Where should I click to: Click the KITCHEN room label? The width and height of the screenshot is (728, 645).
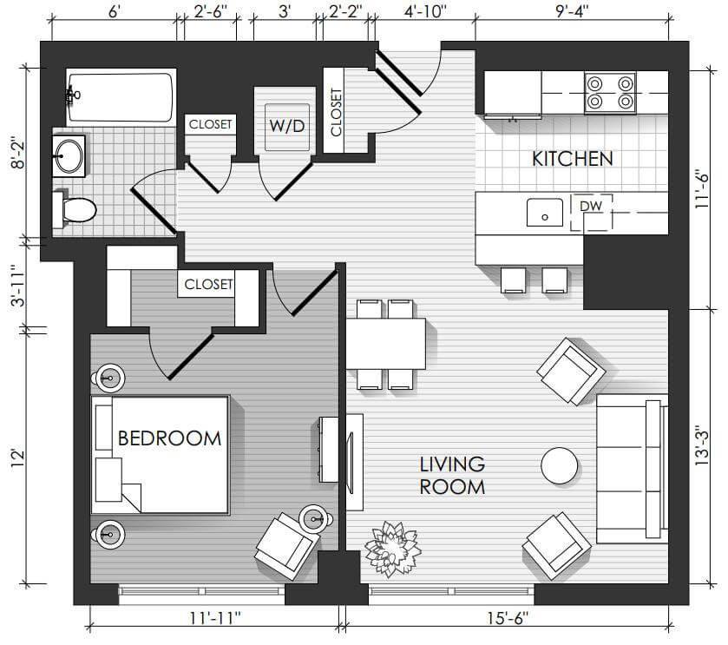click(x=572, y=159)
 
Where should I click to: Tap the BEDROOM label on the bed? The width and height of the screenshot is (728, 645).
click(x=169, y=438)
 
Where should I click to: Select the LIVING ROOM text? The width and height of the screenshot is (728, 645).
click(x=452, y=476)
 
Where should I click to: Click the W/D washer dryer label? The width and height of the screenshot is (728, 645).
click(x=287, y=126)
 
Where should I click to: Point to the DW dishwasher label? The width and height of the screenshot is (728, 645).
click(x=591, y=206)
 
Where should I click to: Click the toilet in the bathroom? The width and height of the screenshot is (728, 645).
click(x=75, y=210)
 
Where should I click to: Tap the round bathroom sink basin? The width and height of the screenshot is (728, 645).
click(x=69, y=156)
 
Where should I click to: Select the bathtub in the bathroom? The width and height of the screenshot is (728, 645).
click(x=121, y=97)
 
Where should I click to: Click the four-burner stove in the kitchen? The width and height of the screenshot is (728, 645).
click(x=610, y=92)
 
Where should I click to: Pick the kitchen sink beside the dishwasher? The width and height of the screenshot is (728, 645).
click(x=545, y=213)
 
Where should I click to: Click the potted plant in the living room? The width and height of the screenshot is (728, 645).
click(x=393, y=549)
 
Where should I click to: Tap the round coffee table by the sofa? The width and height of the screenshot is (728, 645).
click(x=560, y=466)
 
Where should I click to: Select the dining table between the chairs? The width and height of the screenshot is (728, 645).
click(x=386, y=344)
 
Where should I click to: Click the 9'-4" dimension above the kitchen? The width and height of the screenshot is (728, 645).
click(x=572, y=11)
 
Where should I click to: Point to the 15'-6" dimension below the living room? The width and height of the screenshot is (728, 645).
click(x=508, y=619)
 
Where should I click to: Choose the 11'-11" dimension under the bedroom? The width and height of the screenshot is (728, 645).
click(x=215, y=619)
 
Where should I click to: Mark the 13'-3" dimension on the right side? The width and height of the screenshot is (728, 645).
click(x=702, y=448)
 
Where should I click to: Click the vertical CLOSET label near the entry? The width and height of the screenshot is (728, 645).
click(x=336, y=112)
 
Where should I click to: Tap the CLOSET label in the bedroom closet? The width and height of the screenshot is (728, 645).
click(x=208, y=284)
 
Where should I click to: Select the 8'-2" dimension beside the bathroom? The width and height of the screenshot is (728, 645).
click(x=19, y=152)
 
